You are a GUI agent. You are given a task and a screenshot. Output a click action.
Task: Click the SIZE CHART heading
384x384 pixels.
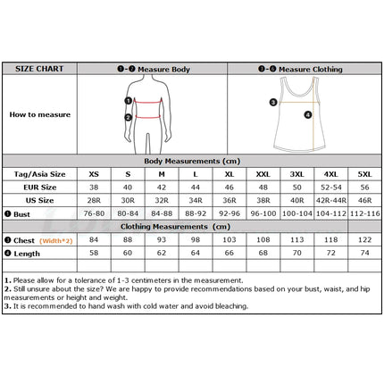[39, 69]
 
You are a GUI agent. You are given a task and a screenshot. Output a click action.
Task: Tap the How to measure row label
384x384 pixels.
[40, 114]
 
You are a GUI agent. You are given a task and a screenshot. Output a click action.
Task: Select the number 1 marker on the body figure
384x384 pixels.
[129, 101]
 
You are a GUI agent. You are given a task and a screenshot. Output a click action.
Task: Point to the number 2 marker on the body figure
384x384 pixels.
[129, 118]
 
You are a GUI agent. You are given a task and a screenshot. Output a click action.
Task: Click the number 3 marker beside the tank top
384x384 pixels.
[273, 103]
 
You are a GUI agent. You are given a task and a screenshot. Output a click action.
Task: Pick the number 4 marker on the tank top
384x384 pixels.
[308, 114]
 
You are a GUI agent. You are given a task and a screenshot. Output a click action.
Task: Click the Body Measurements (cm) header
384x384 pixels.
[192, 161]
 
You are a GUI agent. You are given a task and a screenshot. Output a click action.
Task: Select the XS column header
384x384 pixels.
[94, 174]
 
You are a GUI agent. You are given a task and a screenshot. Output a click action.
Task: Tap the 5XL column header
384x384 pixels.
[364, 174]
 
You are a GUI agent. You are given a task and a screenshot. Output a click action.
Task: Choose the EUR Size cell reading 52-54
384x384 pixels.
[331, 188]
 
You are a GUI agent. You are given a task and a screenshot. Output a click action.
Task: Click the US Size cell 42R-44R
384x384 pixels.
[331, 200]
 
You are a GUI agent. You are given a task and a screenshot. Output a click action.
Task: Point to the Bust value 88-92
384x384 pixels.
[196, 213]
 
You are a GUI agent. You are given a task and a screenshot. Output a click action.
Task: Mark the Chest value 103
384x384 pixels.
[230, 239]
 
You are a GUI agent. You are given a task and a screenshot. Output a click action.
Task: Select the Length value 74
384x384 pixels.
[364, 253]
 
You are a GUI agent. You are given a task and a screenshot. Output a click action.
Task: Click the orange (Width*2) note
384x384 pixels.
[56, 241]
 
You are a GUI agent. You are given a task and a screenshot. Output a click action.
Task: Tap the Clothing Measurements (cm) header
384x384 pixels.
[175, 227]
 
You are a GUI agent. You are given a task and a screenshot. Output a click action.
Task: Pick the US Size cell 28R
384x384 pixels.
[94, 200]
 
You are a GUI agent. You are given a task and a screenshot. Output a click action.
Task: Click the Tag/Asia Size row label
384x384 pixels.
[39, 174]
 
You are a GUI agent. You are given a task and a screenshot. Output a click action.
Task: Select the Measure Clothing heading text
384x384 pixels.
[311, 70]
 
